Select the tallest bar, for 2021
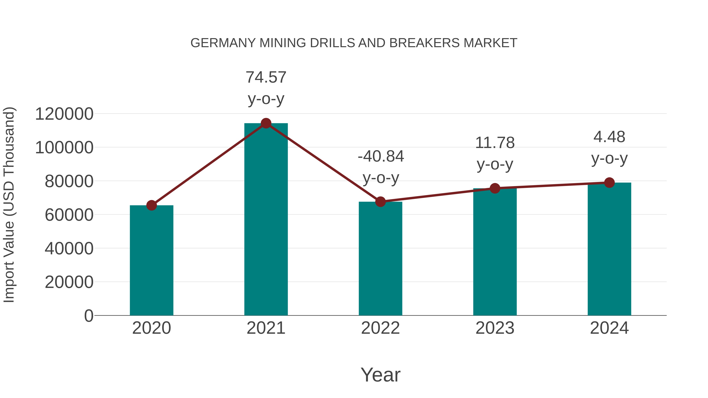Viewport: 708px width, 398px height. [266, 220]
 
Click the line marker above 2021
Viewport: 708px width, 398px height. [266, 123]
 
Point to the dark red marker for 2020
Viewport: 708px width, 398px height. [151, 205]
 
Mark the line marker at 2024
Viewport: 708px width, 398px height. [609, 182]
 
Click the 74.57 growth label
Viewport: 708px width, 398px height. [266, 77]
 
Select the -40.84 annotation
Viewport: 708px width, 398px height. [381, 157]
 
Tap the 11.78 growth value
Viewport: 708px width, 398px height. [495, 143]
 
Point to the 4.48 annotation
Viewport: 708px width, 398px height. [609, 137]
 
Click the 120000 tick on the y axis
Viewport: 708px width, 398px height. [64, 114]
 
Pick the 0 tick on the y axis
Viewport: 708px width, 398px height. [88, 316]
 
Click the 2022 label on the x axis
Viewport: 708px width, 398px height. [380, 328]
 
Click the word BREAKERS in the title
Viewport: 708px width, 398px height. [424, 43]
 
